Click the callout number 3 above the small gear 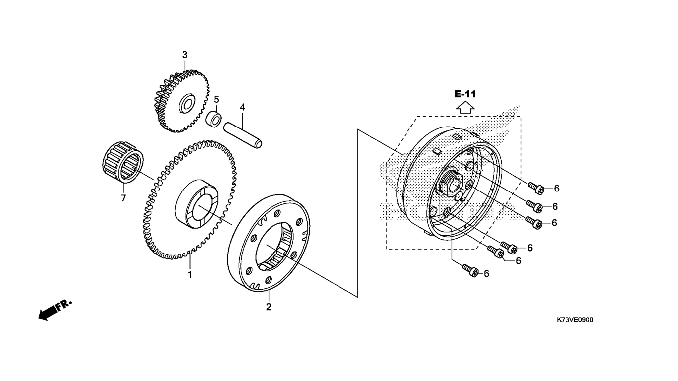[x=185, y=55]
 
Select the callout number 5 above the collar [x=216, y=99]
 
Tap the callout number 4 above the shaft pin [x=242, y=107]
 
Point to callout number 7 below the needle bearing [x=123, y=198]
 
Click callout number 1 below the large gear [x=190, y=275]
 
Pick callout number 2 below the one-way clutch [x=269, y=307]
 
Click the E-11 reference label [x=465, y=94]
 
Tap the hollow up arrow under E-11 [x=465, y=108]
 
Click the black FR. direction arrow [x=55, y=310]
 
